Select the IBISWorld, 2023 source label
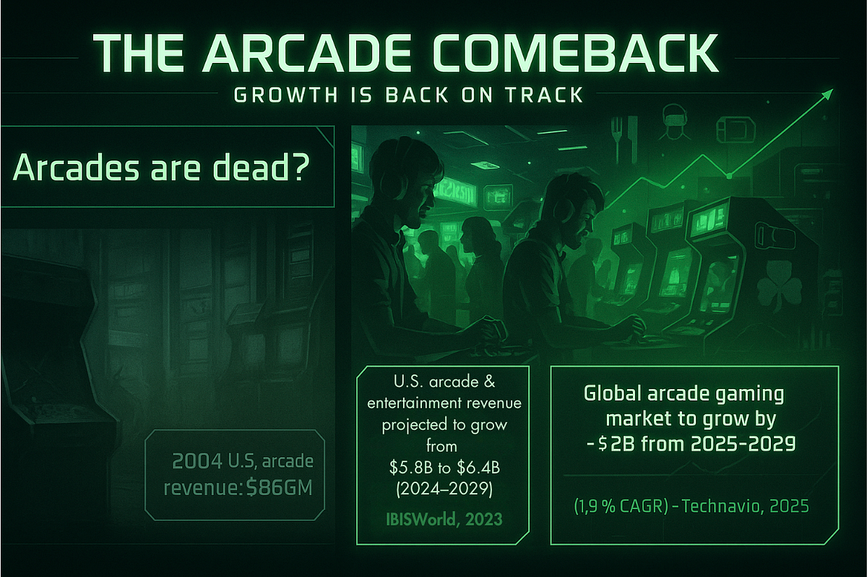441,518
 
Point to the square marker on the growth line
730,175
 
